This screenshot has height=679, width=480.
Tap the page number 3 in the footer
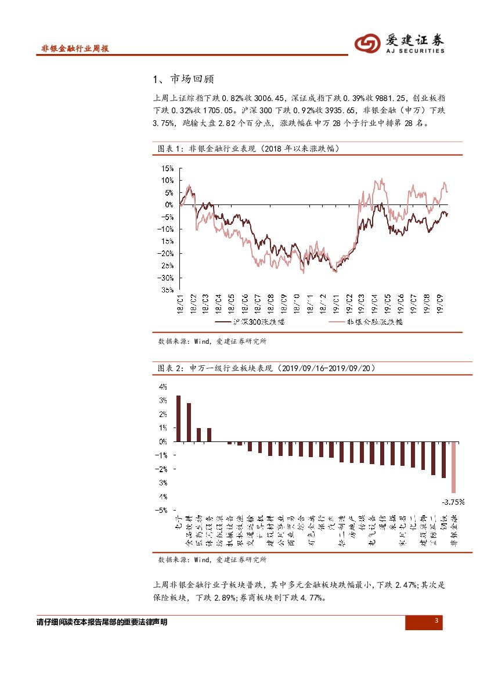pyautogui.click(x=436, y=621)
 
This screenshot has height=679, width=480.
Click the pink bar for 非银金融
pyautogui.click(x=454, y=468)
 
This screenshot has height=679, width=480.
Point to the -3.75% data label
pyautogui.click(x=453, y=501)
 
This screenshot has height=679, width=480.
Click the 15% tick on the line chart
pyautogui.click(x=167, y=168)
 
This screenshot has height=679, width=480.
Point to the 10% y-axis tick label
pyautogui.click(x=167, y=181)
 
